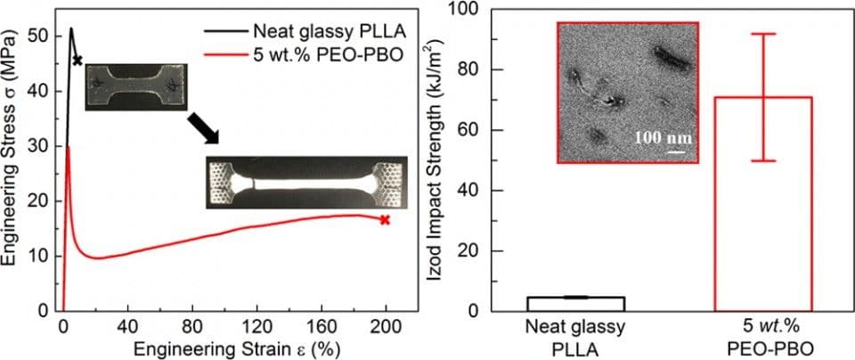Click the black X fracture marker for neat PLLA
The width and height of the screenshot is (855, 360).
(x=78, y=61)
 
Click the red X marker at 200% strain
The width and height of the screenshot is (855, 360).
(x=385, y=219)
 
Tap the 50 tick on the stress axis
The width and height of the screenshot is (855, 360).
(x=38, y=37)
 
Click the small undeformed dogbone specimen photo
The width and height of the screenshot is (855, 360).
(x=136, y=86)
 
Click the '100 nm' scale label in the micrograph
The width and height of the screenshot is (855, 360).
(x=662, y=139)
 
